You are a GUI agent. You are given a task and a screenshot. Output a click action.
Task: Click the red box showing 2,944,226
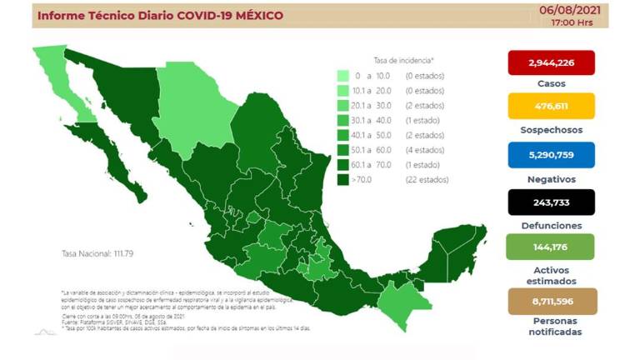pyautogui.click(x=551, y=62)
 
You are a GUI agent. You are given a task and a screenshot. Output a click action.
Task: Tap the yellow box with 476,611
pyautogui.click(x=551, y=107)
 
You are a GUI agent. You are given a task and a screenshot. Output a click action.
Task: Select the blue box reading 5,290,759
pyautogui.click(x=551, y=153)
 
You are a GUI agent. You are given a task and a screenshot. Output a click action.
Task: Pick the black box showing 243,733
pyautogui.click(x=551, y=201)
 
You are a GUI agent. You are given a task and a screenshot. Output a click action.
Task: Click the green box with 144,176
pyautogui.click(x=551, y=247)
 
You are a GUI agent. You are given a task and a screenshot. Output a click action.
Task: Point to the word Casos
pyautogui.click(x=551, y=84)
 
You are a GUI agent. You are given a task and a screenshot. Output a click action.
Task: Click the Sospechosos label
pyautogui.click(x=551, y=130)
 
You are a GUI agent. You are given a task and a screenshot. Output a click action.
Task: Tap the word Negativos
pyautogui.click(x=551, y=177)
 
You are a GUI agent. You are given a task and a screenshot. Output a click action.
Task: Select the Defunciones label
pyautogui.click(x=551, y=224)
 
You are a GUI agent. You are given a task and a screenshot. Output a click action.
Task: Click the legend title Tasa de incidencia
pyautogui.click(x=403, y=61)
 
